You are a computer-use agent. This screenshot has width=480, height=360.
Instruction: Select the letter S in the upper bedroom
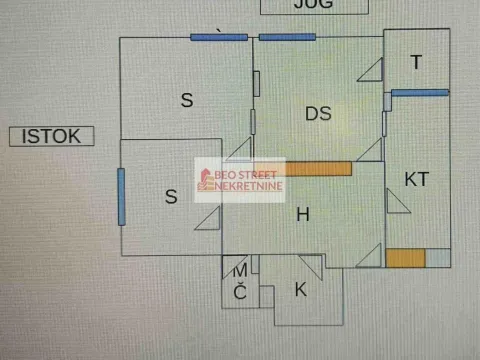click(186, 99)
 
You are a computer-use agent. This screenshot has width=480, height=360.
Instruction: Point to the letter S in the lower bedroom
click(171, 197)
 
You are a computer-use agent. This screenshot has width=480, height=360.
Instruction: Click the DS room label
click(318, 114)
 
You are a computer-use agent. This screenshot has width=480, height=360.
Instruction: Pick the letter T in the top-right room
click(416, 63)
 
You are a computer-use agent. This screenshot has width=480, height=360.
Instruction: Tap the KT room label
click(417, 179)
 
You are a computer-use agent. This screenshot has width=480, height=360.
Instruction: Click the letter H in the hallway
click(302, 213)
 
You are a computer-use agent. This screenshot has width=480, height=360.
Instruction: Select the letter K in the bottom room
click(300, 290)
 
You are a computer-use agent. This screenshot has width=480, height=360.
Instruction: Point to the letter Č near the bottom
click(240, 292)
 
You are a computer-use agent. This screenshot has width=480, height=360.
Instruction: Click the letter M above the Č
click(240, 271)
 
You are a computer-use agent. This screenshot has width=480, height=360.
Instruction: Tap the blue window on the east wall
click(120, 197)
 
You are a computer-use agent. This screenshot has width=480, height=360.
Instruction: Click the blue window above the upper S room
click(219, 37)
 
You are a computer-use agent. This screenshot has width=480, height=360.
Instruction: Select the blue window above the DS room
click(287, 37)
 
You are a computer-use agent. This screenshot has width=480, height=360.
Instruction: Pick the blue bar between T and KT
click(420, 93)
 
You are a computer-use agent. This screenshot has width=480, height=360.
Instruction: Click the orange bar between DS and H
click(317, 169)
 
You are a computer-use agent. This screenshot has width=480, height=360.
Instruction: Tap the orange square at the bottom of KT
click(405, 258)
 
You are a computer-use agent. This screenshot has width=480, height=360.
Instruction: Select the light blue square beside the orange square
click(437, 258)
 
